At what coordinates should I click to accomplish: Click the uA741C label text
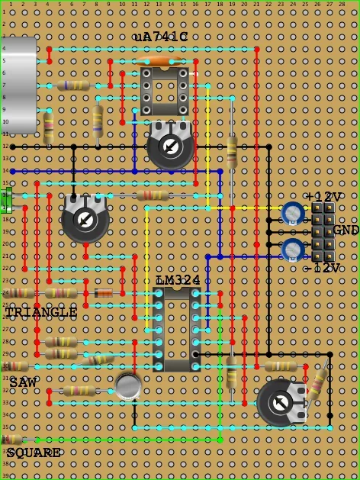pyautogui.click(x=160, y=37)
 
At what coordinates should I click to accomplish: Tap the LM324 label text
pyautogui.click(x=178, y=281)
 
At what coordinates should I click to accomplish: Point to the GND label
pyautogui.click(x=346, y=230)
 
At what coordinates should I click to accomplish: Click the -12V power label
pyautogui.click(x=322, y=269)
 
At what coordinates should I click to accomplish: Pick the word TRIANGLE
pyautogui.click(x=41, y=313)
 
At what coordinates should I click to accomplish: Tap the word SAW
pyautogui.click(x=23, y=381)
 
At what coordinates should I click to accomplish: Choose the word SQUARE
pyautogui.click(x=34, y=453)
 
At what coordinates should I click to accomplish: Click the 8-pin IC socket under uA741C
pyautogui.click(x=164, y=92)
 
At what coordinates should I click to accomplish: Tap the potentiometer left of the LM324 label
pyautogui.click(x=85, y=220)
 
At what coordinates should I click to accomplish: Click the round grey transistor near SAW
pyautogui.click(x=128, y=386)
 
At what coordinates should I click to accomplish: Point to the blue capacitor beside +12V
pyautogui.click(x=293, y=213)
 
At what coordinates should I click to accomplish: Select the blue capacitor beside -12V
pyautogui.click(x=293, y=250)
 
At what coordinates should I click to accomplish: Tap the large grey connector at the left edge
pyautogui.click(x=18, y=85)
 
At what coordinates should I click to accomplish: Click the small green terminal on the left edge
pyautogui.click(x=6, y=201)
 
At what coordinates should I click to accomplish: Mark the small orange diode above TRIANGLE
pyautogui.click(x=103, y=293)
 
